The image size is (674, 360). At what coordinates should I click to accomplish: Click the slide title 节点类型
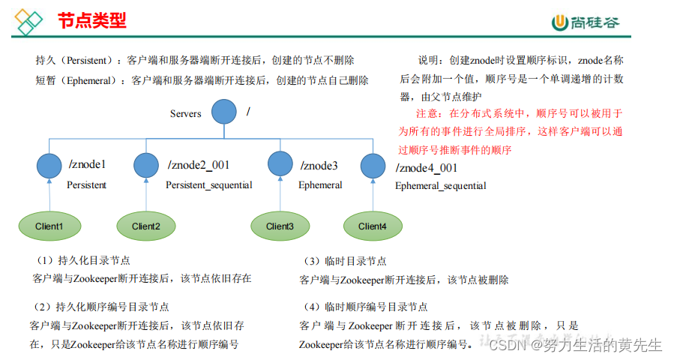(91, 20)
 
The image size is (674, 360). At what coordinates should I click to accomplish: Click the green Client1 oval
(49, 226)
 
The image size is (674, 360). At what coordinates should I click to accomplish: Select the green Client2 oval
(146, 226)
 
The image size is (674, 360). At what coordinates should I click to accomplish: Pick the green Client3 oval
(280, 226)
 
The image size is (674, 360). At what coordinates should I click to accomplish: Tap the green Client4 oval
(372, 226)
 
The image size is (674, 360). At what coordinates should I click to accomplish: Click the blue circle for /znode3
(280, 164)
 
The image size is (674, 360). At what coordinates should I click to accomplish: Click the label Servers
(185, 114)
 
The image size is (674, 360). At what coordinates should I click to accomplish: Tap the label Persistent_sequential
(208, 185)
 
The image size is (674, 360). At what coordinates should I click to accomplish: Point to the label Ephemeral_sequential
(440, 186)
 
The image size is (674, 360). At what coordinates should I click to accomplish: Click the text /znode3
(319, 166)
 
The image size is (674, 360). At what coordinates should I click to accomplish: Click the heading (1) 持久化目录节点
(82, 261)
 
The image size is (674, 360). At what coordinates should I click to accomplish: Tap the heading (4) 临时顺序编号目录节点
(365, 307)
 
